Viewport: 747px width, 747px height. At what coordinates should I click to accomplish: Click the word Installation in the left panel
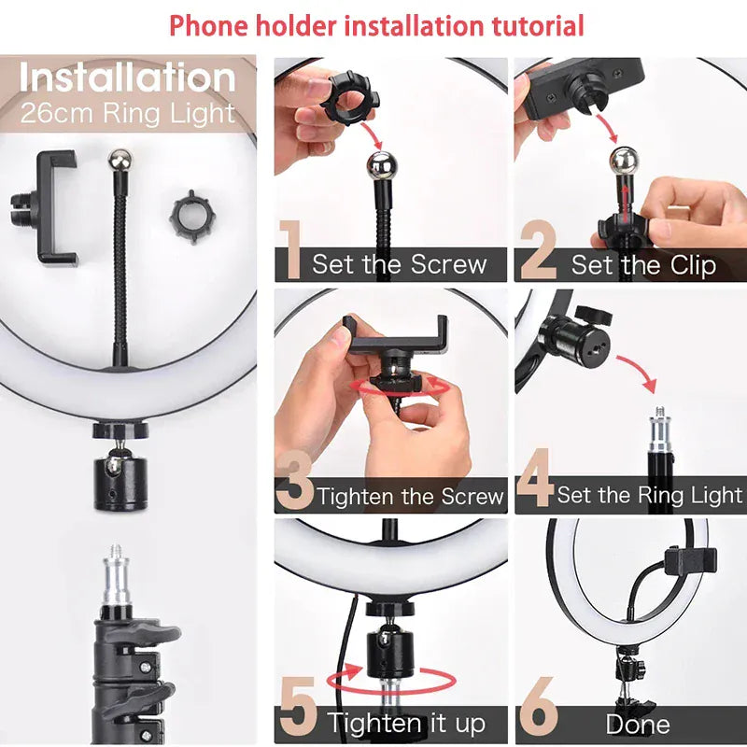pyautogui.click(x=128, y=78)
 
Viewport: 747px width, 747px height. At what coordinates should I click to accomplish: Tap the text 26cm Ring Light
pyautogui.click(x=128, y=114)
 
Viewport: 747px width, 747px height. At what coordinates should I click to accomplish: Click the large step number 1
pyautogui.click(x=290, y=251)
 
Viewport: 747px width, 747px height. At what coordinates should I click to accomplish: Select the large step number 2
pyautogui.click(x=538, y=251)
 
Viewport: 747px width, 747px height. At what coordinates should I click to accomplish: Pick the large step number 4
pyautogui.click(x=535, y=483)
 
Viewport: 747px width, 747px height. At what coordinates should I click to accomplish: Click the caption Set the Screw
pyautogui.click(x=400, y=264)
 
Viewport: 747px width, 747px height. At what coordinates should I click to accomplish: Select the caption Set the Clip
pyautogui.click(x=643, y=265)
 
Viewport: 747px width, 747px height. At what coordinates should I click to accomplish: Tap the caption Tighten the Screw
pyautogui.click(x=411, y=496)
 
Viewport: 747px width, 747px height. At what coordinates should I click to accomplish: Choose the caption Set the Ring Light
pyautogui.click(x=650, y=495)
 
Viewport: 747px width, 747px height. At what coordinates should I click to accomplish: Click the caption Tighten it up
pyautogui.click(x=406, y=723)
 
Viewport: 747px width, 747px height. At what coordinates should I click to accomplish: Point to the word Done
pyautogui.click(x=638, y=725)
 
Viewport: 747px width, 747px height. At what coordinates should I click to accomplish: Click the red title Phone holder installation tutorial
pyautogui.click(x=376, y=25)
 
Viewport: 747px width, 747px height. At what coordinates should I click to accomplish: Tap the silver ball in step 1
pyautogui.click(x=382, y=169)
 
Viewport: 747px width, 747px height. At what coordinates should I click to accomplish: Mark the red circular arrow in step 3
pyautogui.click(x=392, y=389)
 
